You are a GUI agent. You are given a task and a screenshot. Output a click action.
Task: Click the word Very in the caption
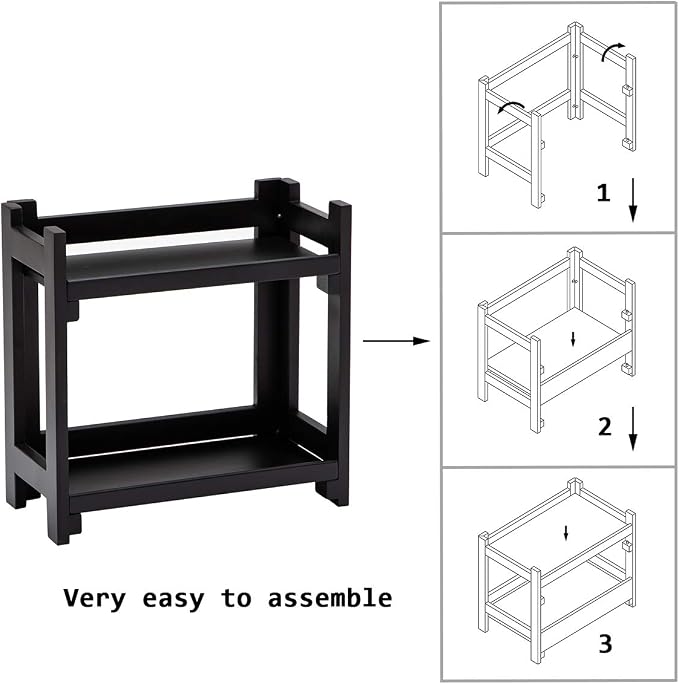point(95,598)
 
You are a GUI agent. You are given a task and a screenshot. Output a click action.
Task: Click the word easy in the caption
point(173,599)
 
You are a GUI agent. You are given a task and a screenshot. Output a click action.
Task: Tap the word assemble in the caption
point(330,598)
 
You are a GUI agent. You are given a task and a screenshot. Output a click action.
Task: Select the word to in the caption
point(236,598)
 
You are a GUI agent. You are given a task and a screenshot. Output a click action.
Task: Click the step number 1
point(603,192)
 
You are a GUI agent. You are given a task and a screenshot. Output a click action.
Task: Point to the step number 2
point(604,426)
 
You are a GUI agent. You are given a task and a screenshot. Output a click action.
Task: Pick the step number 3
point(605,643)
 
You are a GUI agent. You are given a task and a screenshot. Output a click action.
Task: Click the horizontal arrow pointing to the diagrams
point(396,341)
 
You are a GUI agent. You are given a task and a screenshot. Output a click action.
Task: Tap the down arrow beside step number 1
point(633,200)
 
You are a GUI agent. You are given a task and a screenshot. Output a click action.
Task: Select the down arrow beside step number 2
point(633,429)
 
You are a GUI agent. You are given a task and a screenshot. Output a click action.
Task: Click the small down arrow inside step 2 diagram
point(573,339)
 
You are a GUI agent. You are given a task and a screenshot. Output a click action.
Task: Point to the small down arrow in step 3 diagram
point(566,533)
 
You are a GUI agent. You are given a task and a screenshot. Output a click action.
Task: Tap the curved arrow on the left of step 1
point(510,105)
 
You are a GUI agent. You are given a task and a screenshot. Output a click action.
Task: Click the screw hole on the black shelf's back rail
point(280,215)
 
